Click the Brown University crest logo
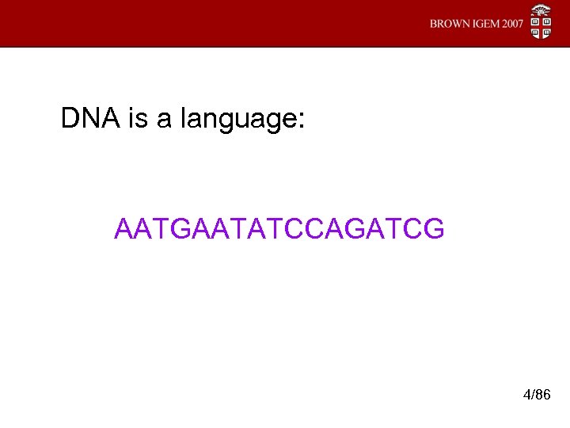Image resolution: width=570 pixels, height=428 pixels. [x=541, y=23]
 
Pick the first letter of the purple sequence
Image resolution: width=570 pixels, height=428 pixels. [x=125, y=229]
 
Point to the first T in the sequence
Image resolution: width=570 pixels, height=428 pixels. [x=163, y=229]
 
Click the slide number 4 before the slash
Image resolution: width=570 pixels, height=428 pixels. [x=527, y=394]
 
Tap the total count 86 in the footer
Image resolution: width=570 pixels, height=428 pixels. [x=543, y=394]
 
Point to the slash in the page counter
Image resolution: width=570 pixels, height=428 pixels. [x=534, y=394]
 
